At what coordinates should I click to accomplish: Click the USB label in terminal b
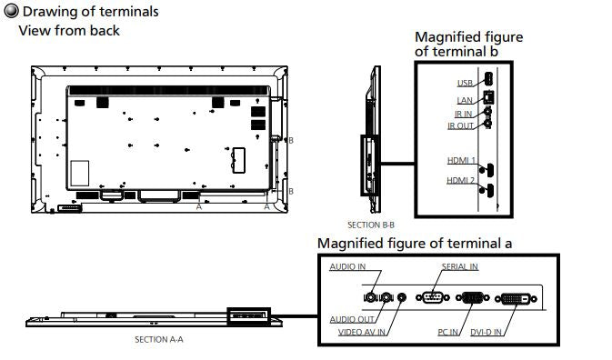pos(465,83)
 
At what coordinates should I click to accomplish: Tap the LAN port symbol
pos(488,97)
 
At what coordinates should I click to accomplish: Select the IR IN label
pos(463,114)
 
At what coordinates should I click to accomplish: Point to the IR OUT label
pos(460,126)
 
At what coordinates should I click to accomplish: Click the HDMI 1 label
pos(461,160)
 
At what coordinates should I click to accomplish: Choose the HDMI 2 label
pos(460,180)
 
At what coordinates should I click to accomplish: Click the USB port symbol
pos(488,79)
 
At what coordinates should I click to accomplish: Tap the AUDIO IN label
pos(347,266)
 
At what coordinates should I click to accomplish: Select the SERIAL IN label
pos(460,266)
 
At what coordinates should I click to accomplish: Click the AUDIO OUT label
pos(352,319)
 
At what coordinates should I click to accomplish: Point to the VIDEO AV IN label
pos(361,333)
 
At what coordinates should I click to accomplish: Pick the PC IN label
pos(447,333)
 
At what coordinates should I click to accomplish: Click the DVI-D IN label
pos(486,333)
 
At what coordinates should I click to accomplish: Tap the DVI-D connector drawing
pos(516,299)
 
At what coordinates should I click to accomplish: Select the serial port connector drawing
pos(433,297)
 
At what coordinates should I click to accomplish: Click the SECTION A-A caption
pos(159,340)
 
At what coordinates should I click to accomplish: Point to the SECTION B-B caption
pos(371,225)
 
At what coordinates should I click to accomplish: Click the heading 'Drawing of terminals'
pos(91,12)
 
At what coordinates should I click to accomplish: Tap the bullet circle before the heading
pos(11,11)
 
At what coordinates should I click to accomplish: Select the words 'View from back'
pos(69,31)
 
